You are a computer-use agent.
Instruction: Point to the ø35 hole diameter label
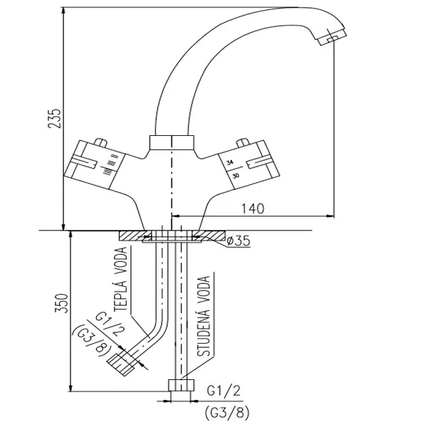[238, 241]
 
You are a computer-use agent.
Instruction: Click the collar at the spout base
[171, 142]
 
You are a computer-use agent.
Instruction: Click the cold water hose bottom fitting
[181, 391]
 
